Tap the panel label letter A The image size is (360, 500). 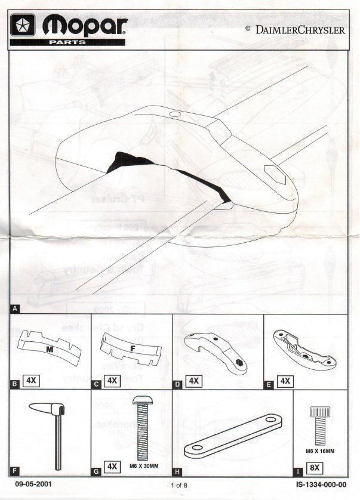pyautogui.click(x=14, y=309)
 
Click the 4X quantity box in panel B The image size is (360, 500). pyautogui.click(x=32, y=380)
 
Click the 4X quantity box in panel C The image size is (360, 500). pyautogui.click(x=112, y=380)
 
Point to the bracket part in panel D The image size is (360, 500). pyautogui.click(x=216, y=353)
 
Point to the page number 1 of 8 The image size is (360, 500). pyautogui.click(x=180, y=486)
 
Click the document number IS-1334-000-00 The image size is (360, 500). pyautogui.click(x=321, y=485)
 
